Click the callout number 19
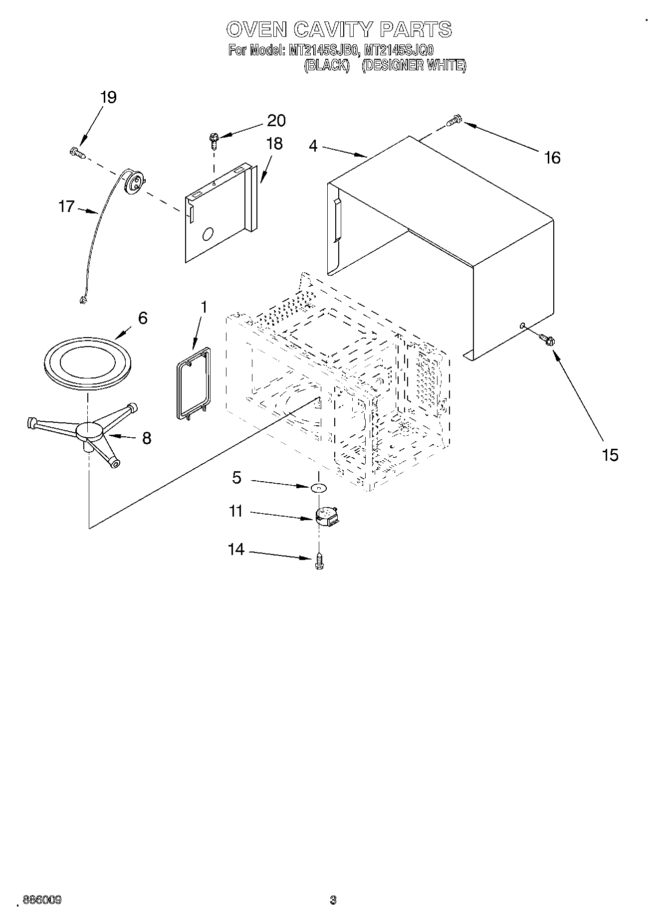click(108, 97)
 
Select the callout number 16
click(552, 158)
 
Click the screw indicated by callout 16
click(455, 120)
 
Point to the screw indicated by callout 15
click(548, 340)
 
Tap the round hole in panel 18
click(208, 234)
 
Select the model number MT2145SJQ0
click(399, 50)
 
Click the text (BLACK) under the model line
click(326, 66)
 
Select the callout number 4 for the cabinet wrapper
click(313, 146)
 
